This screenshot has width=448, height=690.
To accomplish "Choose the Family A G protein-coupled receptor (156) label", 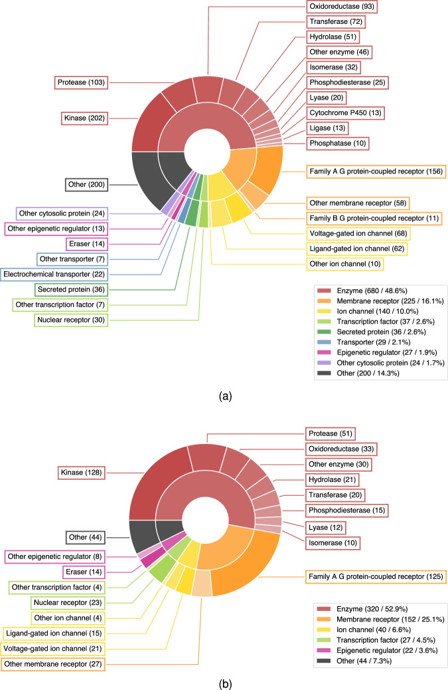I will click(376, 172).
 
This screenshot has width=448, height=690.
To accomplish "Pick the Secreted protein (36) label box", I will click(72, 289).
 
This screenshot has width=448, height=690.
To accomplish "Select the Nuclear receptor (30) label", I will click(71, 320).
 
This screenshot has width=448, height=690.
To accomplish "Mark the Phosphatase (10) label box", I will click(338, 143).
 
